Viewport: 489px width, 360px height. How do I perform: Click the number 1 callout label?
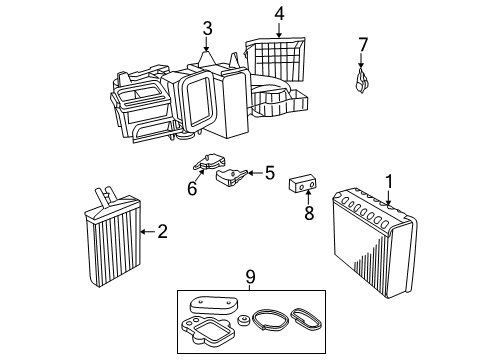[388, 181]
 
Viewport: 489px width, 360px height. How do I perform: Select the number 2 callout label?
[162, 232]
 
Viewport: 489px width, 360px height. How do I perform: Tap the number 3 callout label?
[207, 28]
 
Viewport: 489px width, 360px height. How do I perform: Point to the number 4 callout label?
[280, 14]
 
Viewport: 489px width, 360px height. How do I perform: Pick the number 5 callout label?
[268, 173]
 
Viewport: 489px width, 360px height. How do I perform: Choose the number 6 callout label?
[192, 186]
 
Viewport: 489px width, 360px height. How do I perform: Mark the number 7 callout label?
[364, 44]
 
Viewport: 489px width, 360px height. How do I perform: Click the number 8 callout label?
[309, 212]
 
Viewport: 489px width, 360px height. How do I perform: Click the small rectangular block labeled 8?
[304, 185]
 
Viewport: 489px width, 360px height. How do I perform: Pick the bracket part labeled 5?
[232, 178]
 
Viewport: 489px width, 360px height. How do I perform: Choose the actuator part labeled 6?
[210, 161]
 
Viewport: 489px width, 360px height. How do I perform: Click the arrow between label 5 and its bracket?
[253, 173]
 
